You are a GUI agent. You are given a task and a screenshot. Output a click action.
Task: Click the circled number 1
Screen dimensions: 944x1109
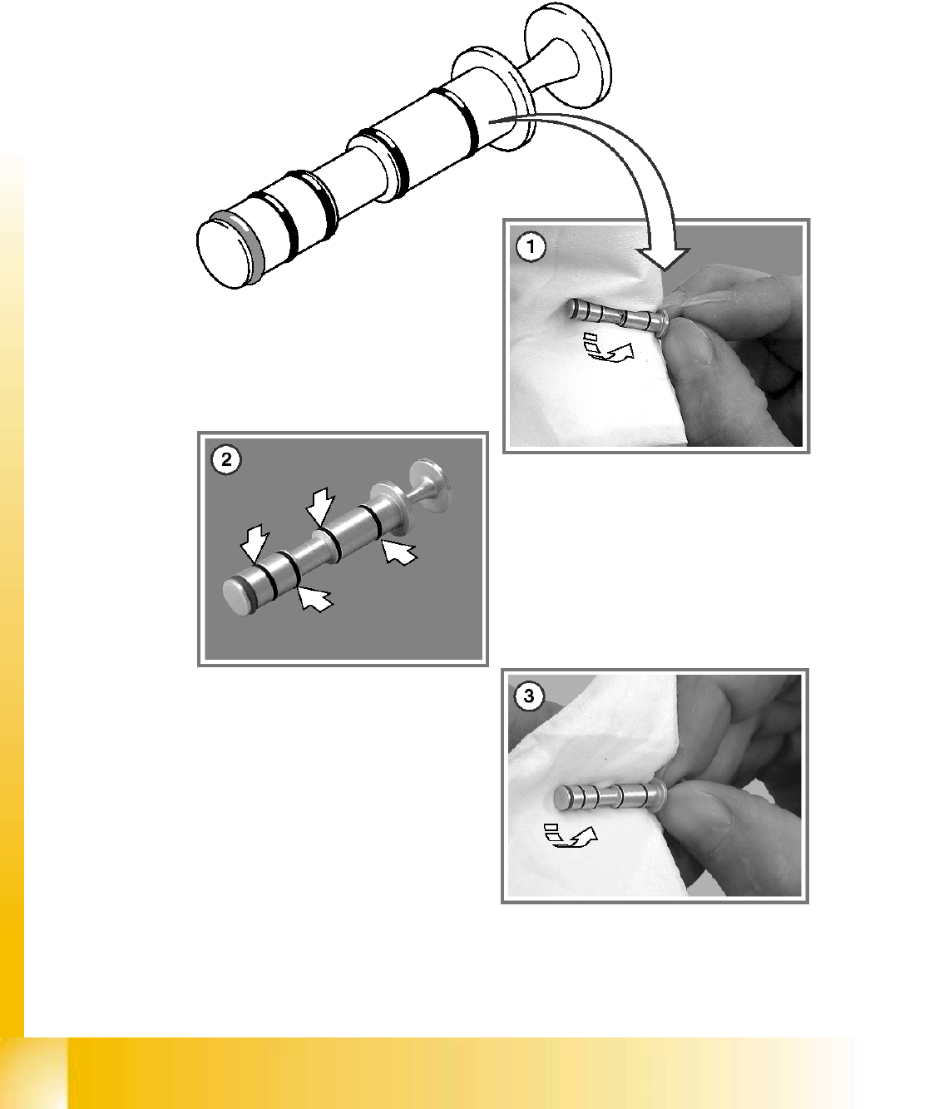pos(531,247)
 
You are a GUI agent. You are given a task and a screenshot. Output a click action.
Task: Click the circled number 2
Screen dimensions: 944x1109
pos(225,460)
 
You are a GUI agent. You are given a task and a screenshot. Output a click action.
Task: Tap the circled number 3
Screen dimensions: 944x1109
pos(529,696)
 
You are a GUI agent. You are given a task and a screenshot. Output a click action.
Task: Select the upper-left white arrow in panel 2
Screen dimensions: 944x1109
pos(254,543)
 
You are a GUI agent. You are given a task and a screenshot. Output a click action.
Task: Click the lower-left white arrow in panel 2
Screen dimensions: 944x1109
pos(315,598)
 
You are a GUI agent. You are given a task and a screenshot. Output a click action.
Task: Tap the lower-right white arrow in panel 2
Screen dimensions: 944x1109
pos(399,552)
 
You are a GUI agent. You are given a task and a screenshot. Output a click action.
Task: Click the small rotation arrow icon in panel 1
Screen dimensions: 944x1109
pos(609,347)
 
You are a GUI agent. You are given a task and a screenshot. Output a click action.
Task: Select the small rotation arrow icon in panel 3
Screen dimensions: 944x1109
pos(571,836)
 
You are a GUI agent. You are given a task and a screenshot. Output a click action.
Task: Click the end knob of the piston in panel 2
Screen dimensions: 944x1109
pos(430,486)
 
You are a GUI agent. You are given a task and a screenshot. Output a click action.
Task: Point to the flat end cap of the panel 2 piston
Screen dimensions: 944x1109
pos(236,596)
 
